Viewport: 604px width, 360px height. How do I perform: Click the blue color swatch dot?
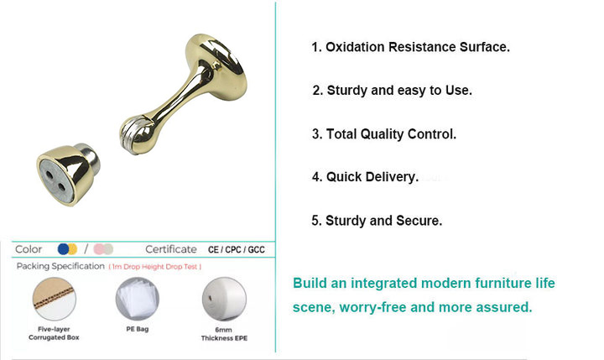point(63,249)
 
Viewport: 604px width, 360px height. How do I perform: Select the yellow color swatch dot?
point(73,249)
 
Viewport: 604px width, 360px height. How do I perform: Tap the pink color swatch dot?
point(99,249)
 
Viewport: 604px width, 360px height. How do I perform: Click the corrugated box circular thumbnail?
point(55,299)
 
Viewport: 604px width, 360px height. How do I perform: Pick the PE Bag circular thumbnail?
point(138,299)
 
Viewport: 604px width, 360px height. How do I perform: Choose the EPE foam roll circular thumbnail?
point(224,299)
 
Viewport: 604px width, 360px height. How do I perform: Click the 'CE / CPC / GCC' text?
point(236,250)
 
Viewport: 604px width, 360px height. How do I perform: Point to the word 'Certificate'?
point(171,249)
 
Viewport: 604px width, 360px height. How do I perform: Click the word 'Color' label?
point(29,249)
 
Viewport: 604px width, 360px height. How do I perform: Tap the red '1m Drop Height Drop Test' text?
point(155,267)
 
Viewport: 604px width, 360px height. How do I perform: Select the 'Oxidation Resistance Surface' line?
point(410,47)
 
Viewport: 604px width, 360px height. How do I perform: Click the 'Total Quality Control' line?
point(384,134)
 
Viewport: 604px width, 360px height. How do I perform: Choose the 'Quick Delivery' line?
point(365,177)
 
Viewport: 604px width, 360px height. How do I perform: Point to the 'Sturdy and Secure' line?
point(377,221)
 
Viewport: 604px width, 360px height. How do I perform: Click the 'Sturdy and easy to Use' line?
point(392,91)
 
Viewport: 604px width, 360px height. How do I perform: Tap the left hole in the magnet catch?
point(49,175)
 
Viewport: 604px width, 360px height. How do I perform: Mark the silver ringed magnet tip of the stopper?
point(131,136)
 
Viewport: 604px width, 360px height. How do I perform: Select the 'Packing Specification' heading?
point(60,266)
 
